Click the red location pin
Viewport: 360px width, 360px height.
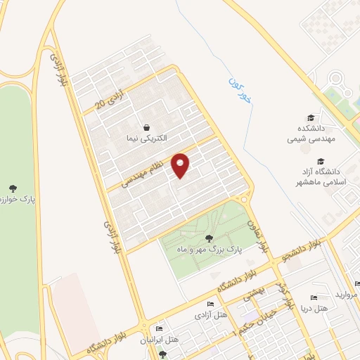coord(181,165)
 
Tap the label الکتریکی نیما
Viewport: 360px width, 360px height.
coord(146,139)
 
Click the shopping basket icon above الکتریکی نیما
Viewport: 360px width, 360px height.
coord(146,127)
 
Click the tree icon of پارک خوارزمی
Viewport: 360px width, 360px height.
coord(13,188)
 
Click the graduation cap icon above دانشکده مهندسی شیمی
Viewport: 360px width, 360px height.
coord(311,117)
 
